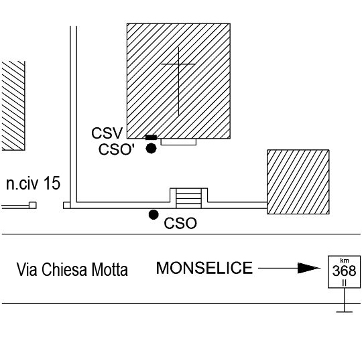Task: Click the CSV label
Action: tap(107, 133)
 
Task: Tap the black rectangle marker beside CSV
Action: tap(151, 137)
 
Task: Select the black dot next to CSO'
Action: tap(151, 149)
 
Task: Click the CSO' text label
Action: tap(117, 149)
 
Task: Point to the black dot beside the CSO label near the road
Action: tap(154, 214)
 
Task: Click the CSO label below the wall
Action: tap(180, 224)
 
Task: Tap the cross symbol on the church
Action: tap(178, 81)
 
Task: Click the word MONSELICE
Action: tap(204, 268)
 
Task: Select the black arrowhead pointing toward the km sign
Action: tap(309, 268)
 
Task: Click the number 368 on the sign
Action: tap(344, 271)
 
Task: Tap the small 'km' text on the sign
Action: tap(345, 261)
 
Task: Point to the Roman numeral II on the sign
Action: tap(345, 283)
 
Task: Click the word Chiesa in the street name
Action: tap(64, 269)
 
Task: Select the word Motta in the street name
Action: tap(109, 269)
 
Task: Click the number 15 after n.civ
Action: tap(52, 183)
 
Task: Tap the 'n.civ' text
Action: tap(22, 184)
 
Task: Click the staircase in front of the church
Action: tap(188, 198)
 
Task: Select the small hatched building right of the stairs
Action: tap(298, 182)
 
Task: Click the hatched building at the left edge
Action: tap(13, 106)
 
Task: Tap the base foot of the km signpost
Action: tap(345, 312)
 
